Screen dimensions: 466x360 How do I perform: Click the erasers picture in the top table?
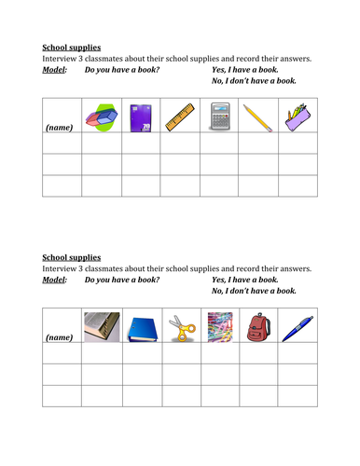click(x=101, y=115)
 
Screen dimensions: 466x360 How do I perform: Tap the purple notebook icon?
click(x=141, y=115)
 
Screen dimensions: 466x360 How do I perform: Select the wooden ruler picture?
click(x=179, y=115)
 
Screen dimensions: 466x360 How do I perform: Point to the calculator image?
click(x=218, y=115)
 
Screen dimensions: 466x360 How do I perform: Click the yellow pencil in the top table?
click(x=256, y=115)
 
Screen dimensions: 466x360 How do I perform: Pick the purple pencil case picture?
click(x=296, y=115)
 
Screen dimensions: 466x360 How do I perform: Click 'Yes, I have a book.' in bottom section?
click(x=245, y=280)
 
